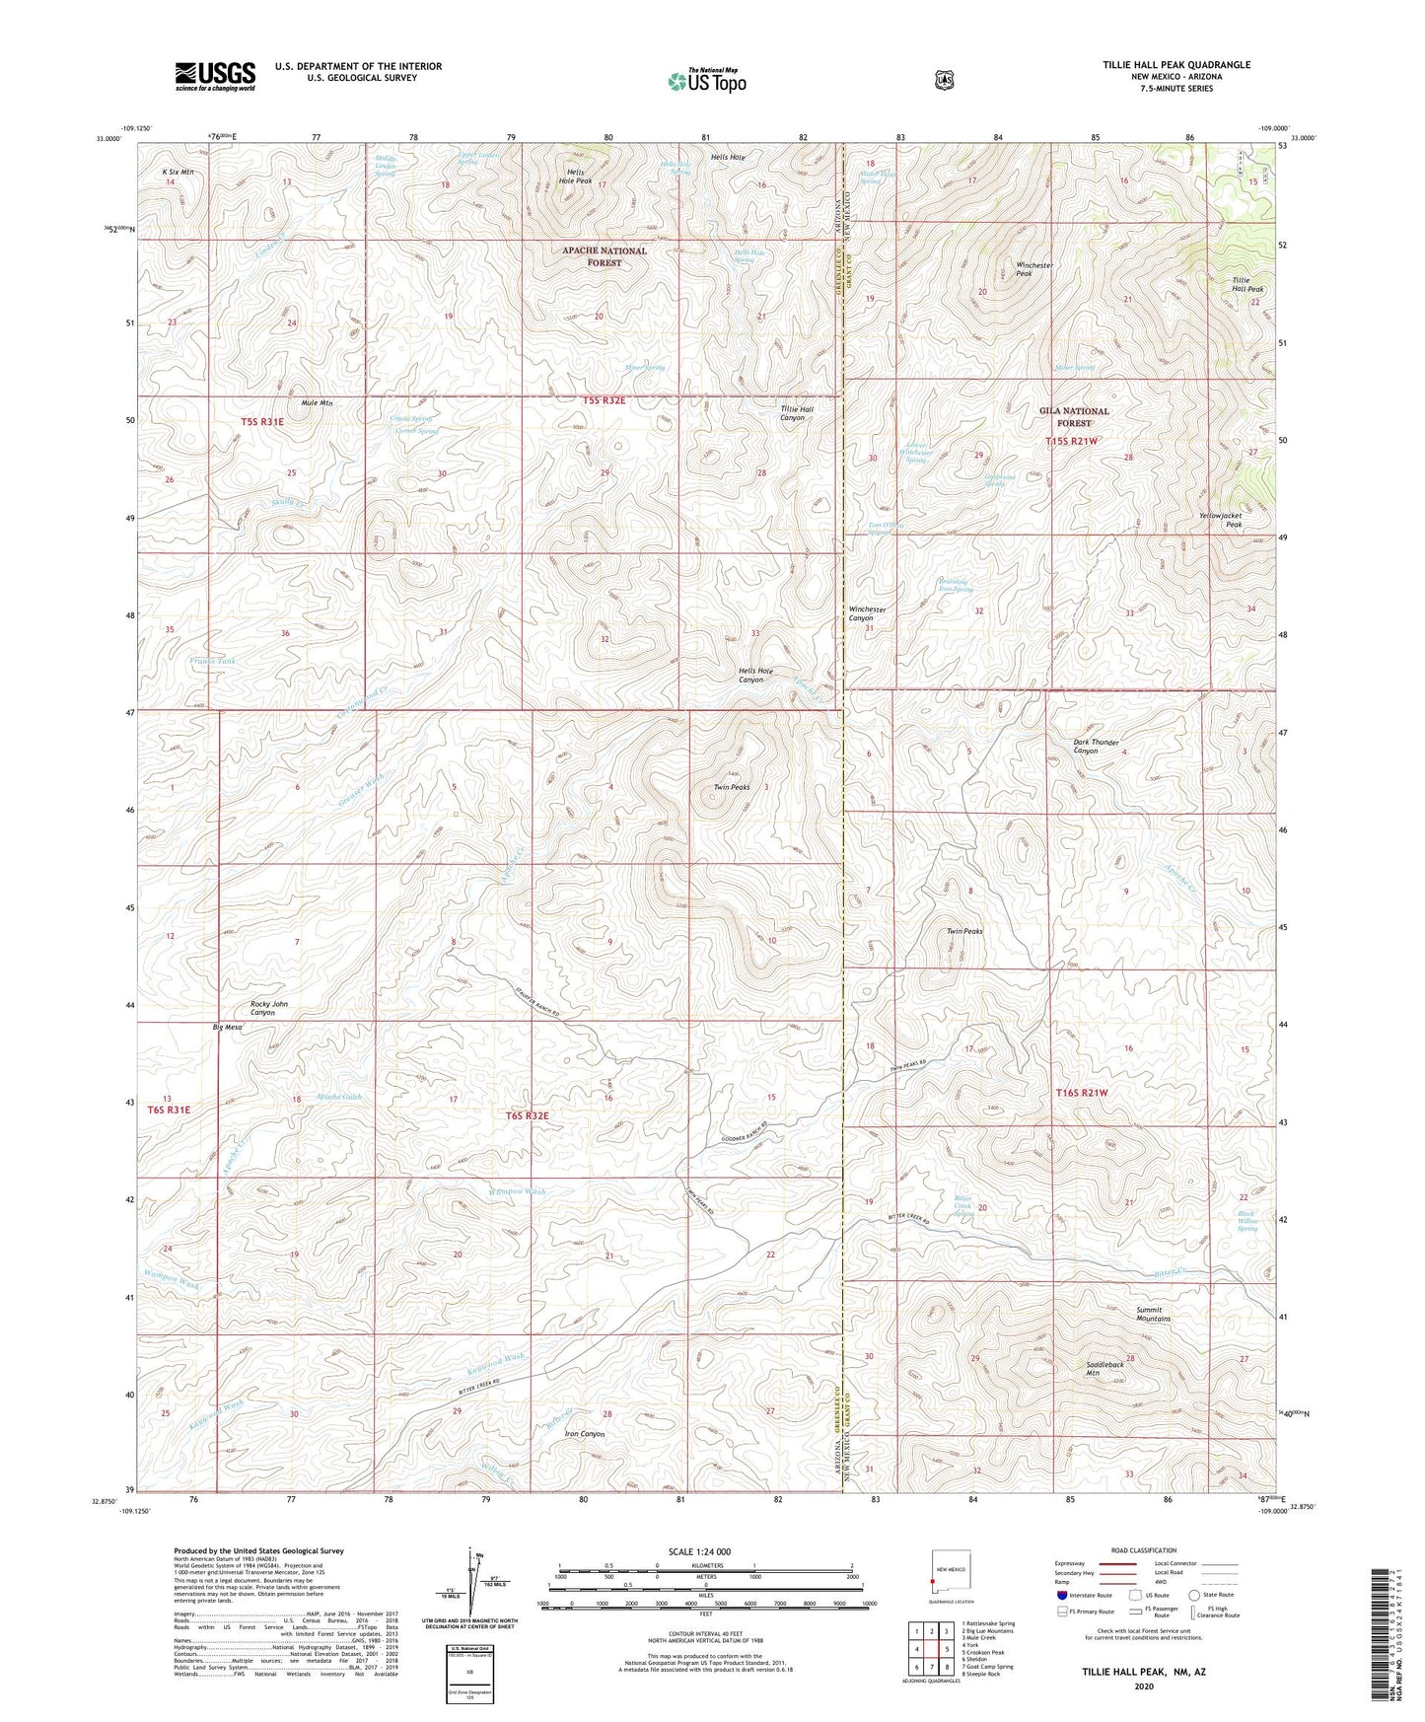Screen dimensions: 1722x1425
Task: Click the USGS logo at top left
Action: pyautogui.click(x=215, y=76)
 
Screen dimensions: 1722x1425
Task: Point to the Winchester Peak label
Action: pyautogui.click(x=1034, y=269)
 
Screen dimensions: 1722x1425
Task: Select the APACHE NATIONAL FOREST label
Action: pyautogui.click(x=605, y=256)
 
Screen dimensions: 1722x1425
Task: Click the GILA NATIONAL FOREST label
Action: pyautogui.click(x=1074, y=416)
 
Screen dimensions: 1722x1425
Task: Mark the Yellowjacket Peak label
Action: pyautogui.click(x=1220, y=520)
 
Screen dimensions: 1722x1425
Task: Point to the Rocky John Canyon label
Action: pyautogui.click(x=268, y=1008)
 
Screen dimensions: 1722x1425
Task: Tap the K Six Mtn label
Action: pyautogui.click(x=178, y=172)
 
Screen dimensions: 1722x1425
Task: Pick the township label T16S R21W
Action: pyautogui.click(x=1082, y=1093)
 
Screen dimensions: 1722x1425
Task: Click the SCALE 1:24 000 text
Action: pyautogui.click(x=699, y=1551)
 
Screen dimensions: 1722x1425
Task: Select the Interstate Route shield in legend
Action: pyautogui.click(x=1061, y=1595)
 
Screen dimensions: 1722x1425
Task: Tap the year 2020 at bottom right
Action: pyautogui.click(x=1143, y=1686)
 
